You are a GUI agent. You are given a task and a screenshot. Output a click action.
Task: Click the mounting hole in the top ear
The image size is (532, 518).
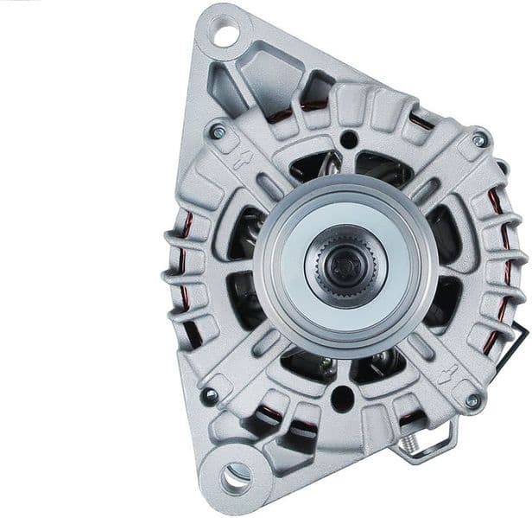coord(225,35)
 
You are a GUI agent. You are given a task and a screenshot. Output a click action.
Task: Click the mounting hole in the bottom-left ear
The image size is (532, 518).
coord(235,475)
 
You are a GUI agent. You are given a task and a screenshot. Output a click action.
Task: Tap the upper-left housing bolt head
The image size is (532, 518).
coord(218,132)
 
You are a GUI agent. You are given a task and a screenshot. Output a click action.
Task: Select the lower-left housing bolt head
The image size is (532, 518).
coord(209,396)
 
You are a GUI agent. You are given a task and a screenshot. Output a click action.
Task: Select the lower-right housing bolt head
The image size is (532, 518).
coord(472,400)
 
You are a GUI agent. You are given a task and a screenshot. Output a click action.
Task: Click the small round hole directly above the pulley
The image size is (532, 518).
coord(348,139)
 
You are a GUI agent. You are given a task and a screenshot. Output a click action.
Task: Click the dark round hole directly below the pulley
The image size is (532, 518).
coord(343,398)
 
